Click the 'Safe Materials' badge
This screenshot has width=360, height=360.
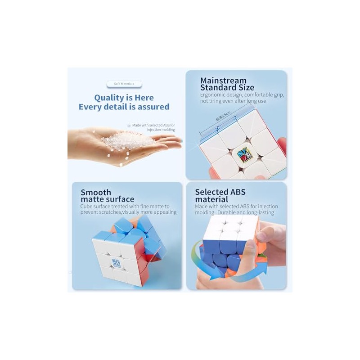[123, 83]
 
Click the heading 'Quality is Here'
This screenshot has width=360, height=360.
[124, 98]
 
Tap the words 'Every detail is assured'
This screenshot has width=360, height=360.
[124, 107]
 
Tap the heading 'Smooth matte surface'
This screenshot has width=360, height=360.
[107, 196]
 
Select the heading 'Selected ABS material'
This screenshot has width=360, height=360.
[220, 196]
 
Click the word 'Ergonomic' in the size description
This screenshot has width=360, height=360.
[214, 95]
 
